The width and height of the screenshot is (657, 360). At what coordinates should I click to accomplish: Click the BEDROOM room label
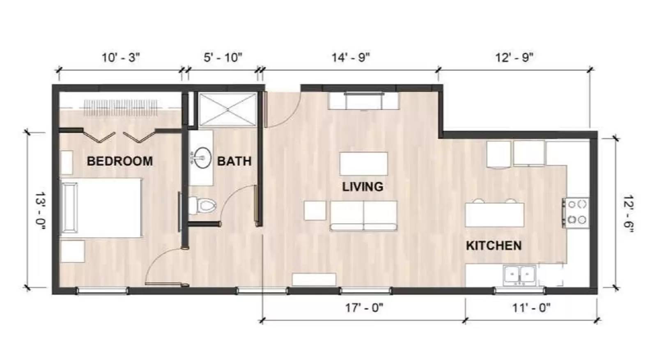pyautogui.click(x=119, y=161)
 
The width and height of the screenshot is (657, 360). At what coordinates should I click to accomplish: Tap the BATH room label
pyautogui.click(x=234, y=161)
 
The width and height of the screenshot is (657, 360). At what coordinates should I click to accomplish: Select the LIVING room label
pyautogui.click(x=363, y=187)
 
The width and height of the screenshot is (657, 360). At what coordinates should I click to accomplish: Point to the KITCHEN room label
pyautogui.click(x=494, y=245)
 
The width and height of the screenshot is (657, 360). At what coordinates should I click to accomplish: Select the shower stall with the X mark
pyautogui.click(x=227, y=109)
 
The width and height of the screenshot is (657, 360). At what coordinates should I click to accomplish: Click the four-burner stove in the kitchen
pyautogui.click(x=576, y=212)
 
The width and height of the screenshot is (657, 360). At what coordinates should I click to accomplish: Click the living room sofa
pyautogui.click(x=363, y=216)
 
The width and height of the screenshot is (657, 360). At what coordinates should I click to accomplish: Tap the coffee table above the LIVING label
pyautogui.click(x=363, y=164)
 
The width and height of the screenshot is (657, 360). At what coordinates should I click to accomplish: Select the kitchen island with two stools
pyautogui.click(x=494, y=214)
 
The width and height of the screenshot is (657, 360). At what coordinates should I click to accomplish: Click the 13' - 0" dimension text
pyautogui.click(x=40, y=211)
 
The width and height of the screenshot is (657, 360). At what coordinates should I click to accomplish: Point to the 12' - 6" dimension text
pyautogui.click(x=628, y=214)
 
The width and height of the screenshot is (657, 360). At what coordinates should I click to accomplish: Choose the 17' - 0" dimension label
pyautogui.click(x=364, y=307)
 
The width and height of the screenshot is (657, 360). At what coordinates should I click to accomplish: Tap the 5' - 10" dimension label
pyautogui.click(x=223, y=57)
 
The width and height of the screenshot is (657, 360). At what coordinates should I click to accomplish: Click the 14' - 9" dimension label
pyautogui.click(x=351, y=57)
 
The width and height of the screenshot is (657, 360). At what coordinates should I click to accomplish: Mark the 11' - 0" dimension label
pyautogui.click(x=531, y=307)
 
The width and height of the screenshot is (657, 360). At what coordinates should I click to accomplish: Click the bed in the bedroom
pyautogui.click(x=101, y=207)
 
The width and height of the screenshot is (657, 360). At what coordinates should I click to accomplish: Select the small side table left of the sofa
pyautogui.click(x=315, y=210)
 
